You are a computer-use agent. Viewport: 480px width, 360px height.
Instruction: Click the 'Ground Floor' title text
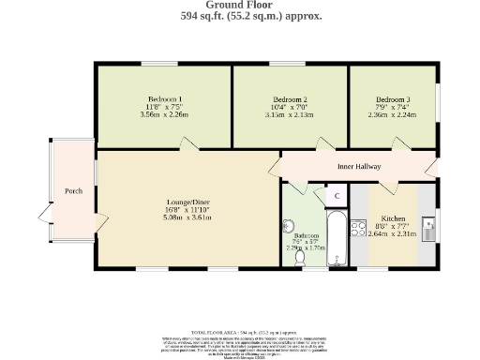(x=239, y=5)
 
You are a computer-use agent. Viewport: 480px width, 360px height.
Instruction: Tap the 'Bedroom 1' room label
(x=164, y=99)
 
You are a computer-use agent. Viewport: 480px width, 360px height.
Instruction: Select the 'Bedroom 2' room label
(x=290, y=99)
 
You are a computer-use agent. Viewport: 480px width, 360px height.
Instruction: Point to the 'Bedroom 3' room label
(x=392, y=99)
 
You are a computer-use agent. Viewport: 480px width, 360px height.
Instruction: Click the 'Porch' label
(x=73, y=191)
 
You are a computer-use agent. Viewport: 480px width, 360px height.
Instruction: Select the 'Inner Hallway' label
(x=359, y=167)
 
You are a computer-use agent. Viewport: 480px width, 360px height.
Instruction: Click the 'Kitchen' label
(x=393, y=217)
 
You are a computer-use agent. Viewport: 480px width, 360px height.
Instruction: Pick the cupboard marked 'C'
(x=337, y=197)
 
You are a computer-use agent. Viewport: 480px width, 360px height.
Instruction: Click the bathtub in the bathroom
(x=337, y=239)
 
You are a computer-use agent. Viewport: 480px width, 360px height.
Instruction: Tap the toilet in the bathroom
(x=299, y=258)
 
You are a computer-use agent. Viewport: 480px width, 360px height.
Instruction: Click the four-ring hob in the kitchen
(x=357, y=225)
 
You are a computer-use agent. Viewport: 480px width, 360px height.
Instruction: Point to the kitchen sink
(x=427, y=228)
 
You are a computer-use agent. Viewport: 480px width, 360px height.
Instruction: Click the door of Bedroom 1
(x=188, y=144)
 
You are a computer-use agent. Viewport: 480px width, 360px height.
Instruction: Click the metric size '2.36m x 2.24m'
(x=392, y=116)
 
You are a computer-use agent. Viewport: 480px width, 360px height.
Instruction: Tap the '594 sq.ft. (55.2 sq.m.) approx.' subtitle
(x=239, y=16)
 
